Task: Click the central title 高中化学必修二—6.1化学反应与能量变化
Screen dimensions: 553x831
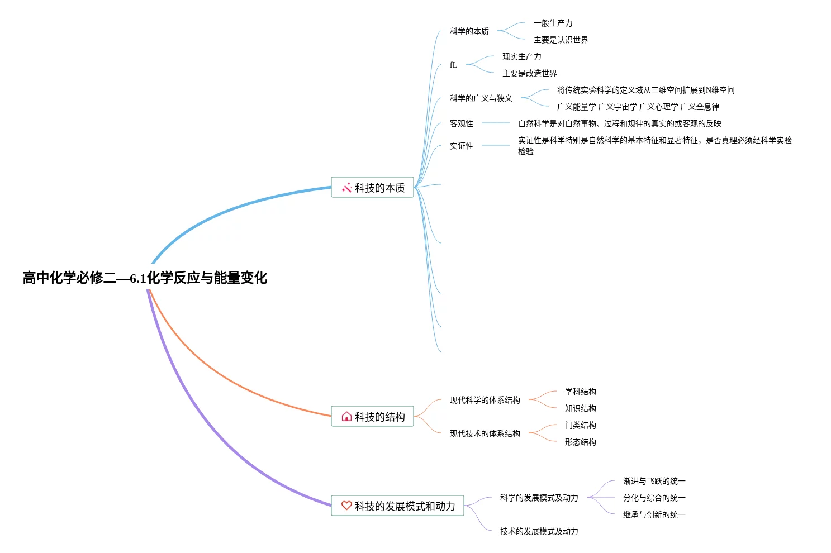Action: click(x=145, y=278)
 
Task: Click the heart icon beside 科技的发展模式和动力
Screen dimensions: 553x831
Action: click(x=346, y=506)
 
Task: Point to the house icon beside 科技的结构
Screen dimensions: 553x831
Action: click(x=346, y=416)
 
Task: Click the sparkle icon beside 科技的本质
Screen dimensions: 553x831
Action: click(x=346, y=187)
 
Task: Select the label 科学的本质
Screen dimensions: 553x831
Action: click(x=469, y=31)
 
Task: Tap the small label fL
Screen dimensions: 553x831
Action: click(x=453, y=65)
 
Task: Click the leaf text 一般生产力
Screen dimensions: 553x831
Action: click(x=553, y=23)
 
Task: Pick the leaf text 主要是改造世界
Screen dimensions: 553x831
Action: click(x=529, y=73)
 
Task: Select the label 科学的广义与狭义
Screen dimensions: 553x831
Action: click(x=481, y=98)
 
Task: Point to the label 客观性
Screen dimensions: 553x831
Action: click(x=461, y=123)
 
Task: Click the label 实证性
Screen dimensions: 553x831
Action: click(x=461, y=146)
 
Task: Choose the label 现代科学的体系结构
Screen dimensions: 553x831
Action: click(x=485, y=400)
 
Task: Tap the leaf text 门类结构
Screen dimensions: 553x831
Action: click(x=580, y=425)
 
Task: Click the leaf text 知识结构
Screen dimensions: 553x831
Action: click(x=580, y=408)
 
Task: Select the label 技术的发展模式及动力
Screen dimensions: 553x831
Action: click(x=539, y=531)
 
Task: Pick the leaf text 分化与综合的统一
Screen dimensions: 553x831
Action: click(x=654, y=498)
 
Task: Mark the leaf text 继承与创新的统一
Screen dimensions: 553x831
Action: click(x=654, y=514)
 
